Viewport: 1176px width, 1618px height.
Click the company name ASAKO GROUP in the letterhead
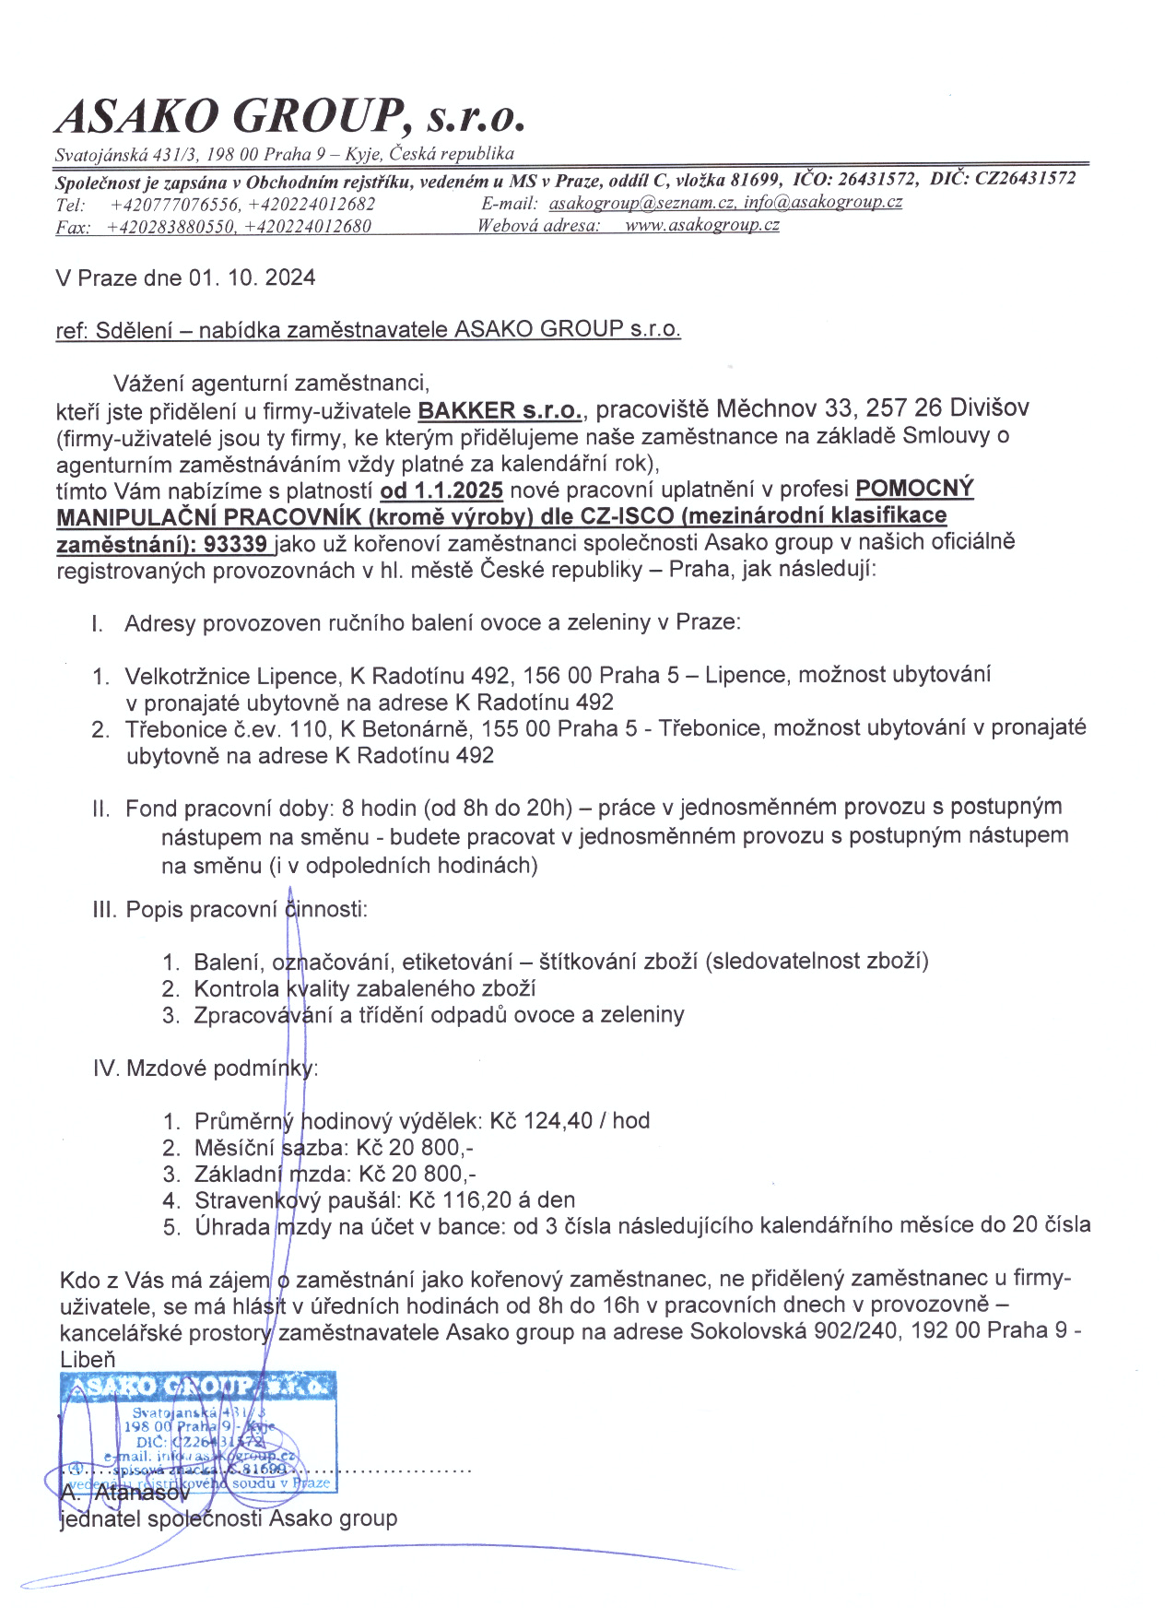point(230,117)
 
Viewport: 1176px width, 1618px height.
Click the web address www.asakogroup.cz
point(701,225)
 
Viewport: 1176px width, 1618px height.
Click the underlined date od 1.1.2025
point(441,490)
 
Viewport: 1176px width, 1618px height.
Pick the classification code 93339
point(235,544)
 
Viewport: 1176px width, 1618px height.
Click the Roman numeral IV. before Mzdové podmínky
point(106,1069)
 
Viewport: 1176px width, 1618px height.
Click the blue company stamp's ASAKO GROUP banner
point(197,1387)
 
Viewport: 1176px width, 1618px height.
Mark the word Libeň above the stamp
point(88,1360)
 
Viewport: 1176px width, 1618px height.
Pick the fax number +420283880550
point(172,227)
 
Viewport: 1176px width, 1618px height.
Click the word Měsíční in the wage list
point(235,1148)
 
